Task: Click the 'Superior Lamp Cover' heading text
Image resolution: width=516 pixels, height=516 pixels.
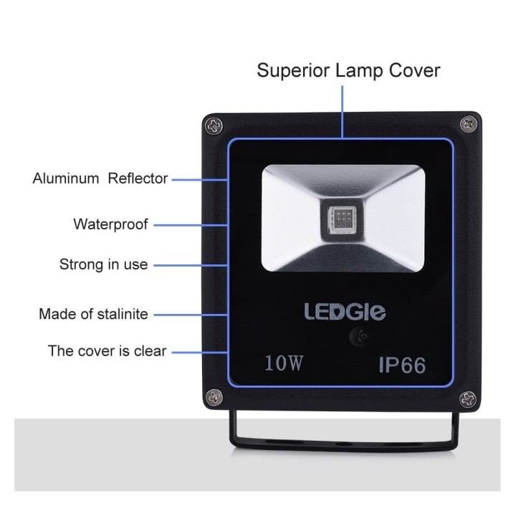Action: pyautogui.click(x=348, y=70)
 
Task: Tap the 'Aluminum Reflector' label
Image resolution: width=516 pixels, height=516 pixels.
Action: pyautogui.click(x=100, y=178)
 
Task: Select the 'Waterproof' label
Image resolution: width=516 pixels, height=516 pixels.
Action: pyautogui.click(x=110, y=224)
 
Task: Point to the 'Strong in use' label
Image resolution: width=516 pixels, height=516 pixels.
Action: pyautogui.click(x=103, y=264)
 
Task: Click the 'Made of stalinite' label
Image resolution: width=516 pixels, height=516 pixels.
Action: pyautogui.click(x=93, y=314)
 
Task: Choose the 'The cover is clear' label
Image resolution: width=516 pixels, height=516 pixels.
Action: pyautogui.click(x=107, y=350)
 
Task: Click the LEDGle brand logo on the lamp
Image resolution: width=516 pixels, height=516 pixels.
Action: pyautogui.click(x=345, y=312)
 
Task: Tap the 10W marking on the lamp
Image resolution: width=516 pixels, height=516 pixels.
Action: pyautogui.click(x=283, y=363)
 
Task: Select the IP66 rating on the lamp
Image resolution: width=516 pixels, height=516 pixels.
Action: pyautogui.click(x=402, y=365)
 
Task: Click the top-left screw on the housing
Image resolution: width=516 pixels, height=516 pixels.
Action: pyautogui.click(x=214, y=126)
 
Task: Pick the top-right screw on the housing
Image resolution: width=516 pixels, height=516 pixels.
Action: pyautogui.click(x=468, y=125)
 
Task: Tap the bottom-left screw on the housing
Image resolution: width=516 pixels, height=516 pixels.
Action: pyautogui.click(x=214, y=398)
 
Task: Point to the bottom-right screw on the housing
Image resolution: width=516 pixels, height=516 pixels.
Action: pyautogui.click(x=467, y=399)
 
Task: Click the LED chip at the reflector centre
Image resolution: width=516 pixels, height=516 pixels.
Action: pyautogui.click(x=343, y=219)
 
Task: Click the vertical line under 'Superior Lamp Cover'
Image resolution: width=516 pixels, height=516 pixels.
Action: pyautogui.click(x=343, y=112)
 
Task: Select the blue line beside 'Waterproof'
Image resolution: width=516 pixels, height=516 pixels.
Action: pyautogui.click(x=191, y=226)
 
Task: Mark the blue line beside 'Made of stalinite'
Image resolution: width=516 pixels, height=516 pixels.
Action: pyautogui.click(x=191, y=315)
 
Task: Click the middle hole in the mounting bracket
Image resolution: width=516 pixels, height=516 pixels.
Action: pyautogui.click(x=343, y=444)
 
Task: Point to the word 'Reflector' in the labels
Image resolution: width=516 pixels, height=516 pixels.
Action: pyautogui.click(x=138, y=178)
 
